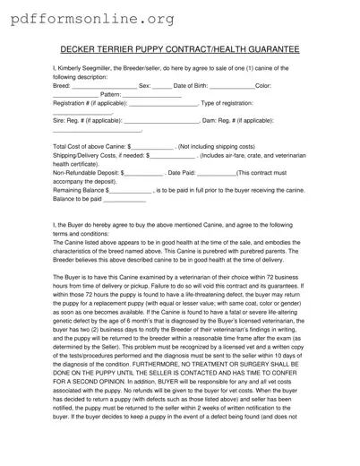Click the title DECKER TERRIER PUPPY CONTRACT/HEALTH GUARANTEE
pyautogui.click(x=179, y=51)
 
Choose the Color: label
pyautogui.click(x=269, y=86)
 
